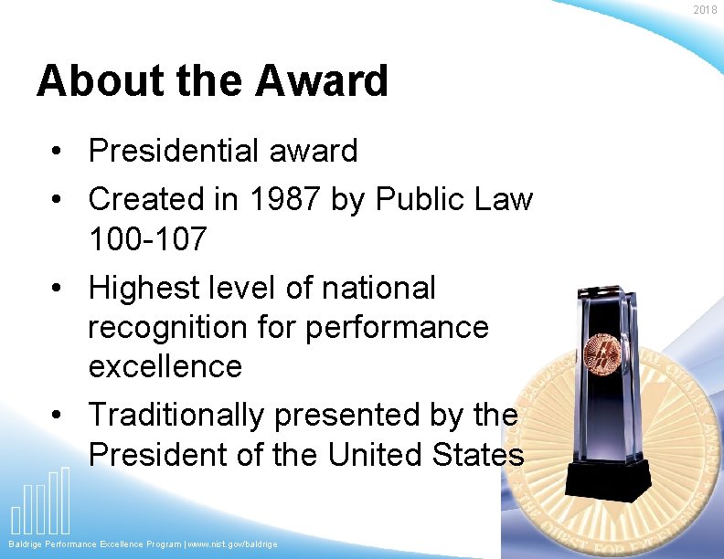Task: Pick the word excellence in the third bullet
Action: click(165, 366)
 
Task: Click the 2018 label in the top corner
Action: click(705, 10)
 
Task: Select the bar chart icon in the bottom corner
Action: click(40, 503)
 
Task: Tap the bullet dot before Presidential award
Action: click(57, 152)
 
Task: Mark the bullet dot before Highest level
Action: click(57, 289)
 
